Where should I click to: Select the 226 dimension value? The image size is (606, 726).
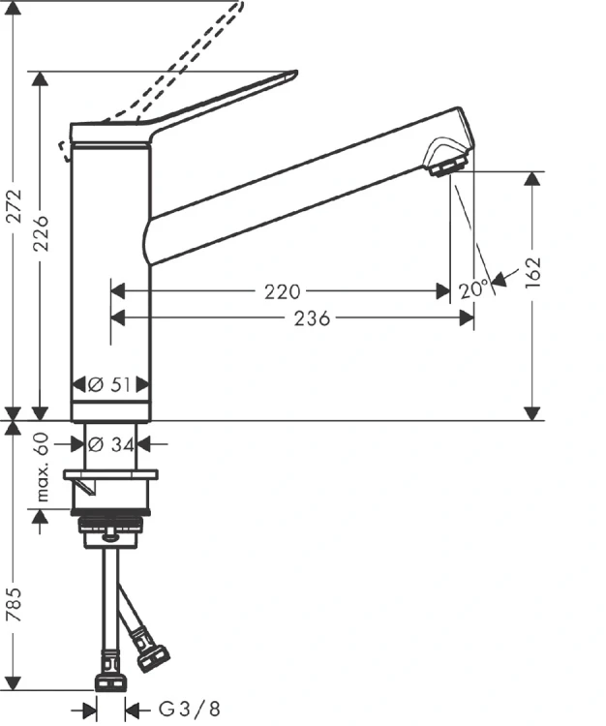pos(40,232)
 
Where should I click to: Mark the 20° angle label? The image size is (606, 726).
pos(473,289)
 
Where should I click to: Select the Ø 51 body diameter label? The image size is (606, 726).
pos(110,384)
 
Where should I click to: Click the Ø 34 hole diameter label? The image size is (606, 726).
pos(110,444)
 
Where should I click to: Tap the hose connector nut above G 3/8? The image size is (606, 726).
pos(108,679)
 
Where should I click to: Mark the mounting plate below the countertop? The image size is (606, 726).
pos(110,475)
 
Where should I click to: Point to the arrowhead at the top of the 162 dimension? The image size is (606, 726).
pos(531,178)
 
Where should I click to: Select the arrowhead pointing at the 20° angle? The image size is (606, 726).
pos(499,281)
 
